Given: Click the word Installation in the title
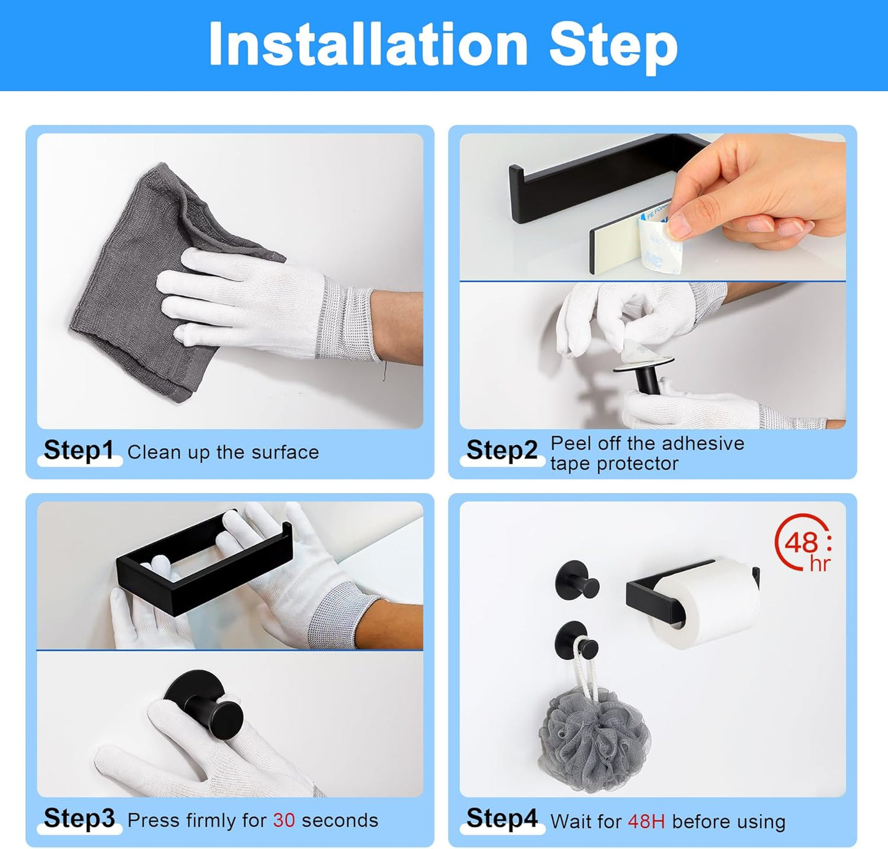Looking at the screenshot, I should tap(368, 44).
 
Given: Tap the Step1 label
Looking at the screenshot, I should tap(79, 451).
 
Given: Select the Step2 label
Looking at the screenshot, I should tap(501, 451).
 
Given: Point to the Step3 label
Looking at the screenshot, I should tap(79, 819).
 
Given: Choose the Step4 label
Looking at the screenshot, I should tap(501, 819).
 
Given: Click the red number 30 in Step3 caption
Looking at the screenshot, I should tap(284, 821).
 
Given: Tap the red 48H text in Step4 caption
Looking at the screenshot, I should tap(646, 822).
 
